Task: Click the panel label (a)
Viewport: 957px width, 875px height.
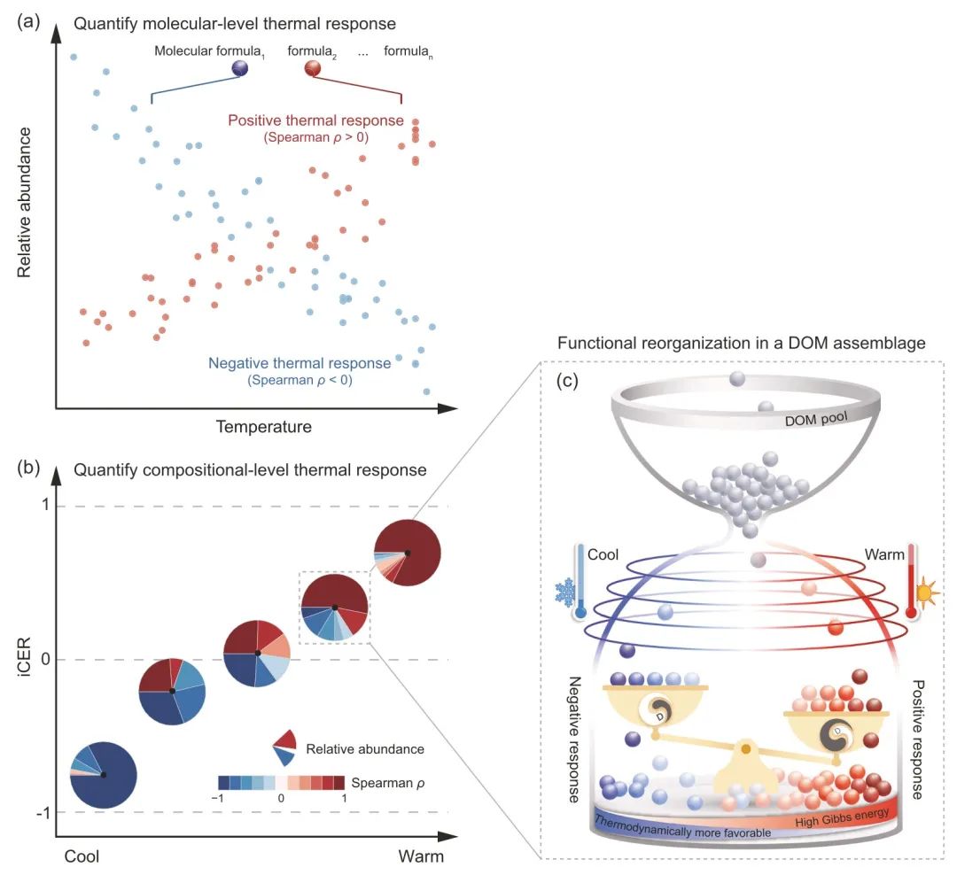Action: (27, 19)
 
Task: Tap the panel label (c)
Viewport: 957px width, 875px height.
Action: (569, 382)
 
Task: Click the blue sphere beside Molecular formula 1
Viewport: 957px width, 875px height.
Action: (240, 68)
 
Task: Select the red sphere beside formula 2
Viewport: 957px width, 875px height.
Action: (312, 68)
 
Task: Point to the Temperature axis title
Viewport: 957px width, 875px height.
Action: (263, 427)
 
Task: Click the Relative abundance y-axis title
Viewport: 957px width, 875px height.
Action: (25, 202)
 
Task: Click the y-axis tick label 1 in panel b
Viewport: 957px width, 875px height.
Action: (43, 507)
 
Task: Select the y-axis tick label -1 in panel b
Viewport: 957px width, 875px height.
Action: (41, 812)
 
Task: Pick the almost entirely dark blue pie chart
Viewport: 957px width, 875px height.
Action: (103, 775)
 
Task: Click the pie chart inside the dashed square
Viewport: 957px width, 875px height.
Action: (334, 607)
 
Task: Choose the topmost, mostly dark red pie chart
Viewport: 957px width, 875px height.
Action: (407, 553)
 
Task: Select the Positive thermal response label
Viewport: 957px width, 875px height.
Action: (315, 120)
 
